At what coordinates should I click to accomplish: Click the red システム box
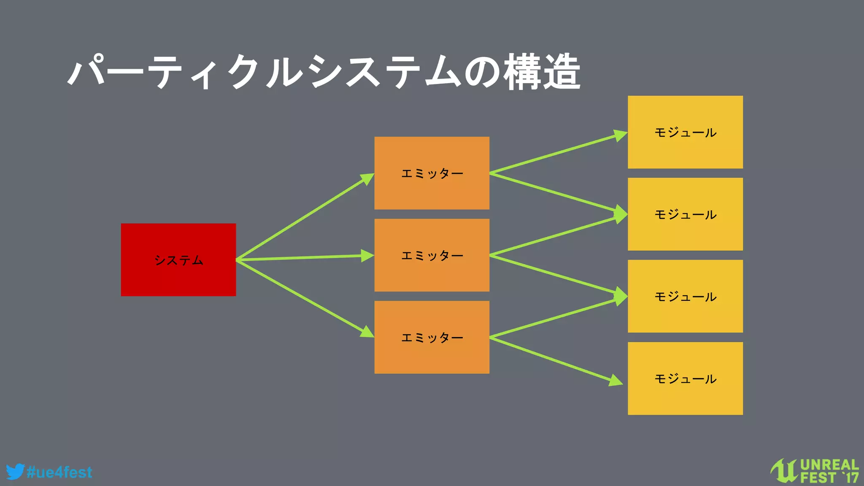(x=178, y=259)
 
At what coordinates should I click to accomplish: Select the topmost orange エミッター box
(x=432, y=173)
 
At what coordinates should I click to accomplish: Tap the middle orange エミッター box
(x=432, y=255)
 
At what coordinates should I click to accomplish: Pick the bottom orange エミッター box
(x=432, y=337)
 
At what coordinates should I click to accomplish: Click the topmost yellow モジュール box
(x=685, y=132)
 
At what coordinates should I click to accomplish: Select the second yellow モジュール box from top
(x=685, y=214)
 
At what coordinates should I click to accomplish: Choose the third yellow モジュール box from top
(x=685, y=296)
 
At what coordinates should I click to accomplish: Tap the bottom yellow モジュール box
(x=685, y=378)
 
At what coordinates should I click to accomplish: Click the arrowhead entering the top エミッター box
(x=367, y=178)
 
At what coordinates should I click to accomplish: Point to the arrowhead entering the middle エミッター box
(x=367, y=256)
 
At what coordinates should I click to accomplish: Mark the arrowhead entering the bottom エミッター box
(x=367, y=332)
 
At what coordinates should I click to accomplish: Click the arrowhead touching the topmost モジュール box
(x=620, y=135)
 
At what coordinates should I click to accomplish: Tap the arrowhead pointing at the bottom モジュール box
(x=616, y=380)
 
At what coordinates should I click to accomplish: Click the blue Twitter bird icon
(x=15, y=472)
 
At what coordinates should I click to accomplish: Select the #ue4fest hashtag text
(x=59, y=472)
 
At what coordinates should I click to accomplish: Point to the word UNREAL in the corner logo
(x=829, y=465)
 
